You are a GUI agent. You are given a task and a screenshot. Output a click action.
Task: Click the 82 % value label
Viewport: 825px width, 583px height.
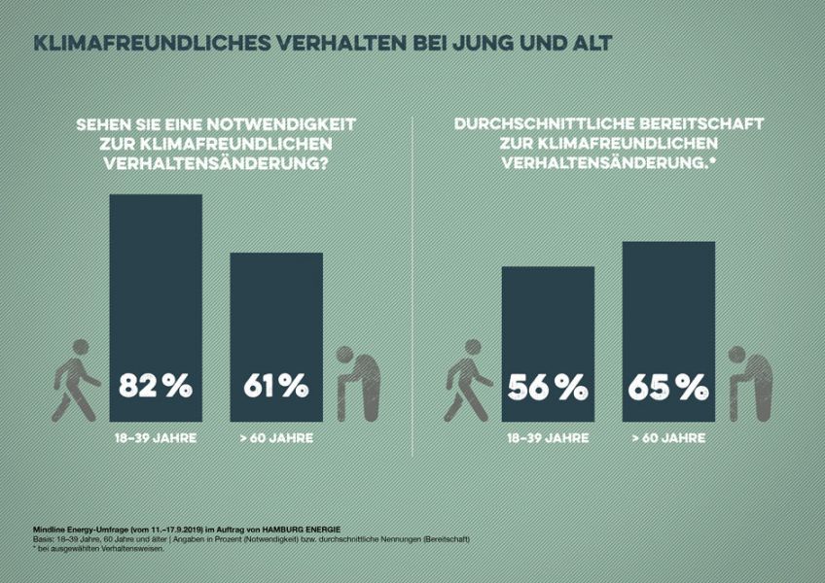coord(156,386)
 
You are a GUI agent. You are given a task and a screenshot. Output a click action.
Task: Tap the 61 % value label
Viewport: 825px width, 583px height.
coord(276,386)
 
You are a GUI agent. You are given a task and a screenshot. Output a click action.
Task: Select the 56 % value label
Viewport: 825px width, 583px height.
coord(548,388)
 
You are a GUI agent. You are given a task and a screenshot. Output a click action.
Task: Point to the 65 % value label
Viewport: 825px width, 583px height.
coord(668,388)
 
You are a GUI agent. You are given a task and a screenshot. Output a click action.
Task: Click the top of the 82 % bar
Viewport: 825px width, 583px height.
coord(156,197)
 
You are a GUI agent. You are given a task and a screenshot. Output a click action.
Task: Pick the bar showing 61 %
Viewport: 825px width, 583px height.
coord(276,311)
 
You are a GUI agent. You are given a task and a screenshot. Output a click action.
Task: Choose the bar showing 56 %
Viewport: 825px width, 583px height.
coord(548,321)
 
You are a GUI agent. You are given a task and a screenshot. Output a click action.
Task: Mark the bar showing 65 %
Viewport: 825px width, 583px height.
coord(668,301)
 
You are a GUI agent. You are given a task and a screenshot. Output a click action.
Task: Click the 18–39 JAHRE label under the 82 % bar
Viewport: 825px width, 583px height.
coord(156,438)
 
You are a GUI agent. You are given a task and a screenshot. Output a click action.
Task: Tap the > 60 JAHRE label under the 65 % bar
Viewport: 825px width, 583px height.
coord(668,438)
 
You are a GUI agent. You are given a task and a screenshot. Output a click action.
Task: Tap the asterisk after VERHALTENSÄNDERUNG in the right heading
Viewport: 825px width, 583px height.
coord(712,160)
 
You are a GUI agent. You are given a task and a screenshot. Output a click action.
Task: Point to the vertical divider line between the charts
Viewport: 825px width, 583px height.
coord(412,291)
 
